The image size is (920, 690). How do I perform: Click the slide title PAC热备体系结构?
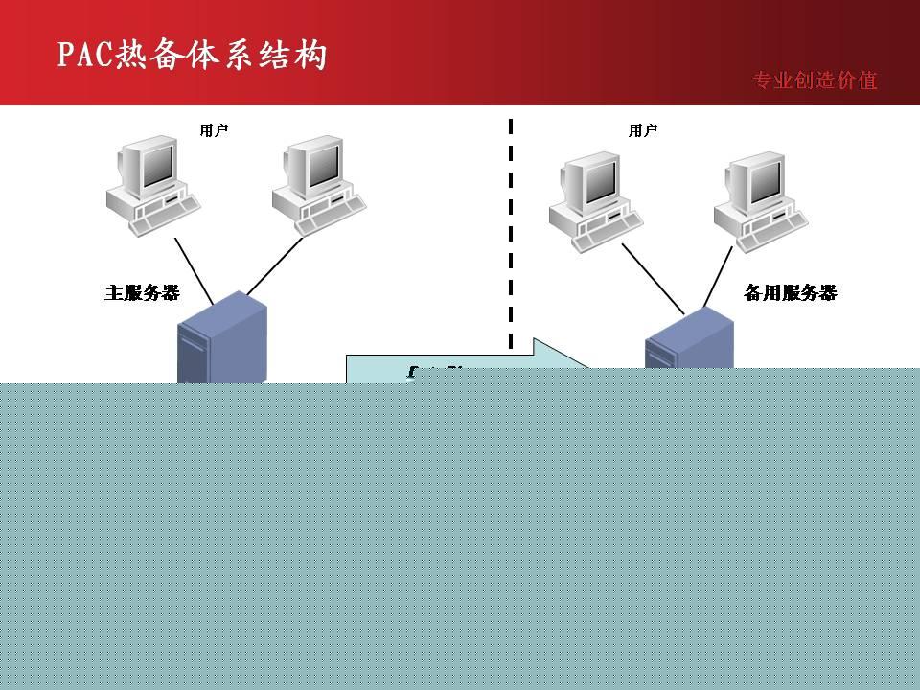tap(192, 55)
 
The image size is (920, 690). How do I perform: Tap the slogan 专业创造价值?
tap(815, 80)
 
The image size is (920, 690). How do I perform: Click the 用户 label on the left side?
tap(214, 130)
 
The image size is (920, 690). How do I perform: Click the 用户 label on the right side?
tap(643, 130)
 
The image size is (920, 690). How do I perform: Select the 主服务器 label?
tap(142, 293)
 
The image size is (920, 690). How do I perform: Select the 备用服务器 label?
tap(790, 293)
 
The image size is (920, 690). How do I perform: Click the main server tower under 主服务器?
tap(221, 340)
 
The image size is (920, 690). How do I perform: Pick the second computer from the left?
tap(317, 186)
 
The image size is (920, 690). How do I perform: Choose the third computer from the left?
tap(594, 201)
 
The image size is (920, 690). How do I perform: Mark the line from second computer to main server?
tap(275, 265)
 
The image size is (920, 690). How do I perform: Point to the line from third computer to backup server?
tap(653, 278)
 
